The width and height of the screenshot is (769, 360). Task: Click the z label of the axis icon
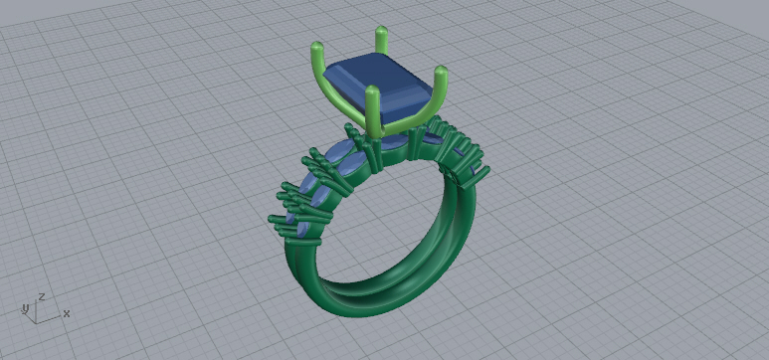point(42,296)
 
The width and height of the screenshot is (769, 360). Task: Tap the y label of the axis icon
point(25,308)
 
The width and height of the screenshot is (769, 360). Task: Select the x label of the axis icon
point(67,313)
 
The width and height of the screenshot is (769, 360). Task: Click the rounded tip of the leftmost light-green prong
point(316,46)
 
